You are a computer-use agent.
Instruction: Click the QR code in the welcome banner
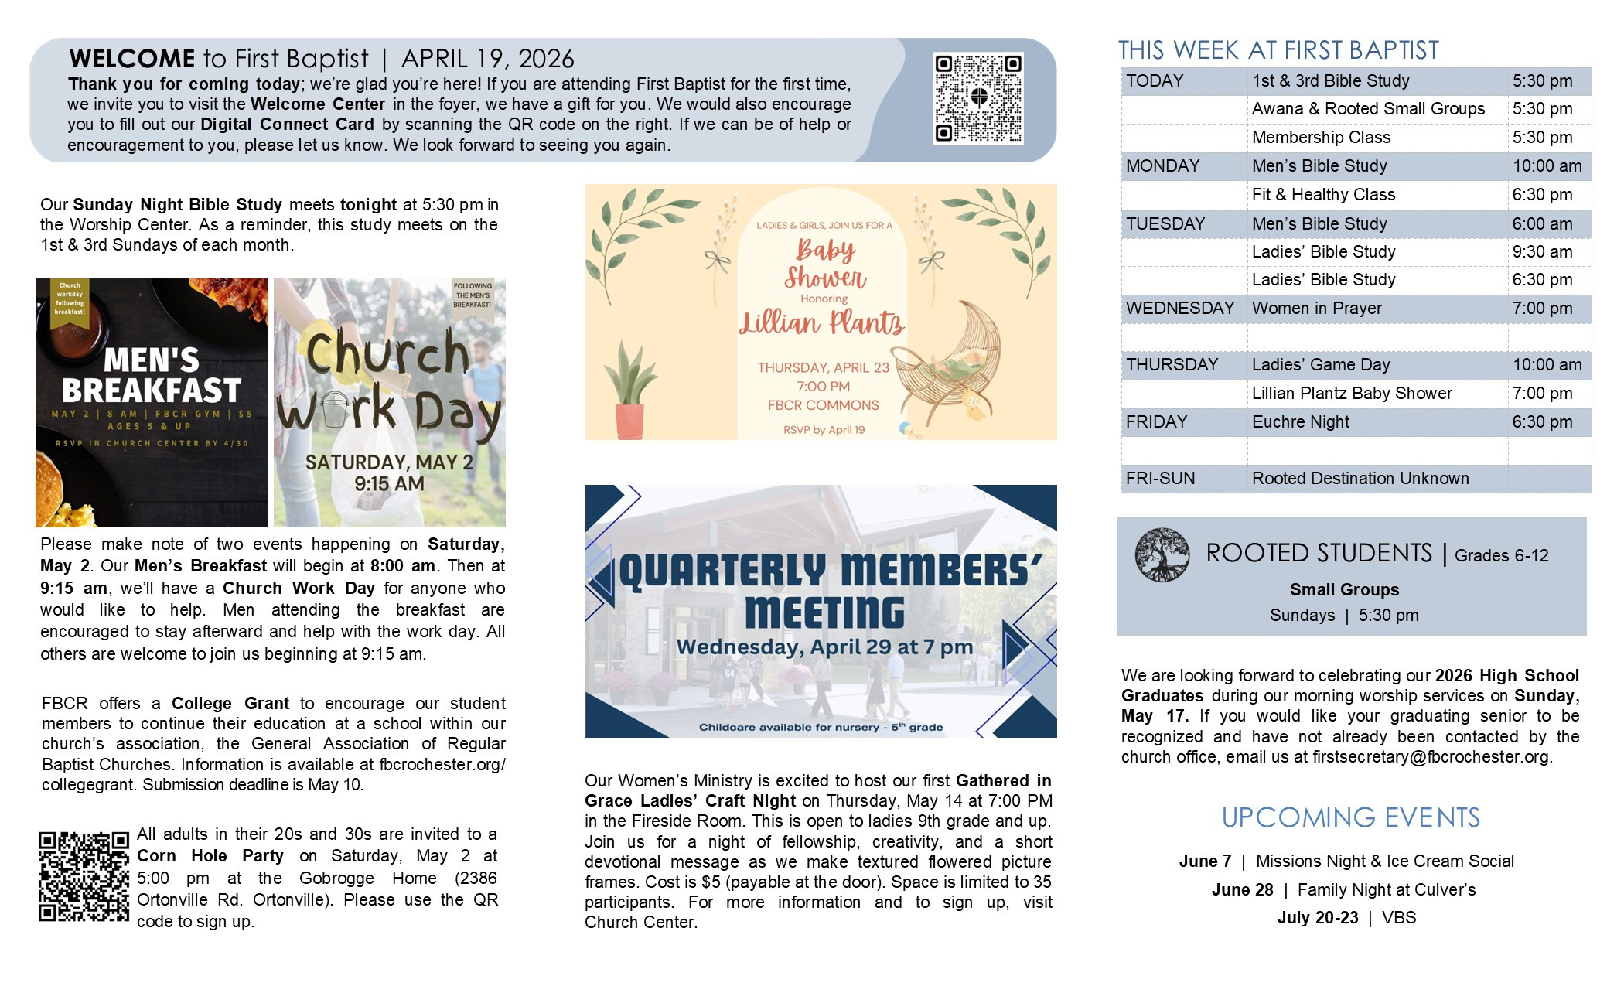pos(978,98)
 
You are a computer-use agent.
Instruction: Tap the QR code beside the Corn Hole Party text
pos(84,876)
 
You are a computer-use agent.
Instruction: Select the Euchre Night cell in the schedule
pos(1300,422)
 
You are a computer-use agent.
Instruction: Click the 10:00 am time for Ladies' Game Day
pos(1547,365)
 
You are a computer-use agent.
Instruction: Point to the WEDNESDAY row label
pos(1179,309)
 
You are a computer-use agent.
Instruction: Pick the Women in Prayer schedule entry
pos(1316,309)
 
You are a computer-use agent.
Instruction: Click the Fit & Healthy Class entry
pos(1323,195)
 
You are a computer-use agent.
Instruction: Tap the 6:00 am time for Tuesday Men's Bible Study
pos(1542,224)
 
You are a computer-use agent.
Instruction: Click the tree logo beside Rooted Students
pos(1162,554)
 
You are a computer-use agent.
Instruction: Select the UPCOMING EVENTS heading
pos(1350,817)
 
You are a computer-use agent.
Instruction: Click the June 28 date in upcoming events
pos(1242,890)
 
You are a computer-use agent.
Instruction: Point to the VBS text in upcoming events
pos(1399,918)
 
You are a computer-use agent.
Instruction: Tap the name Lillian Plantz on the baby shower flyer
pos(822,322)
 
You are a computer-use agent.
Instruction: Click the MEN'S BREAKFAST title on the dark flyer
pos(152,376)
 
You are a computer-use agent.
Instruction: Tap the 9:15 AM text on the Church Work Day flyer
pos(389,484)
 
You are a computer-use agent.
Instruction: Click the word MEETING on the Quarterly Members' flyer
pos(824,612)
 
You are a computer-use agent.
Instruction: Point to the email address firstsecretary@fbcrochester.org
pos(1431,757)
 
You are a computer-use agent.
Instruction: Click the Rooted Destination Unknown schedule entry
pos(1360,479)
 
